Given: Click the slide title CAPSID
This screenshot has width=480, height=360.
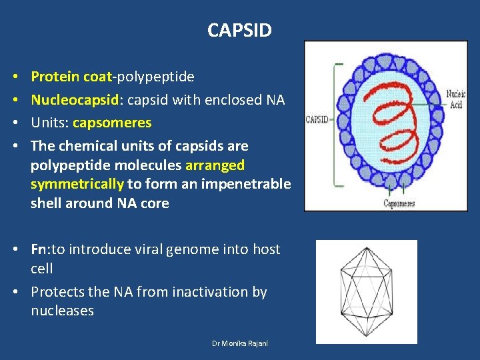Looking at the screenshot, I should pos(239,30).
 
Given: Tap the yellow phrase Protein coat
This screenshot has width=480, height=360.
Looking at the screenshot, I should pos(72,77).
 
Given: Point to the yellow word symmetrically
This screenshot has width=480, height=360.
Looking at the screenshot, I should pos(77,184).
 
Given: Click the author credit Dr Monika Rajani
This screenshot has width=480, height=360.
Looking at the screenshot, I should pos(239,343).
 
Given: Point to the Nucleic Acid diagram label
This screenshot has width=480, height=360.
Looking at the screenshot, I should pos(456,99).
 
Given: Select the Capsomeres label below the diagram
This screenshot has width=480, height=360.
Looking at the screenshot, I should pos(399,203).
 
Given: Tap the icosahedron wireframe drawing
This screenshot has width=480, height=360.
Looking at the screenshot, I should pos(366,291).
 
